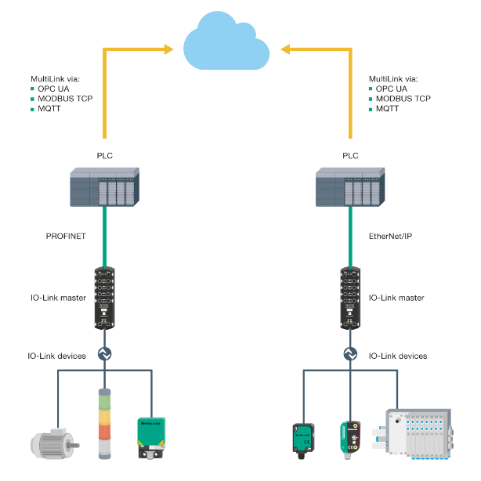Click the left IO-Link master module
coord(104,296)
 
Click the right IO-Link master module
coord(350,296)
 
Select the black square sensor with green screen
coord(302,440)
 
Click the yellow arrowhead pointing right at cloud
coord(168,50)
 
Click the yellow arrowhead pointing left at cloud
coord(287,50)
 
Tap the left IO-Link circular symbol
coord(104,354)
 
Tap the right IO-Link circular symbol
coord(350,354)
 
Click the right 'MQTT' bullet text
coord(387,109)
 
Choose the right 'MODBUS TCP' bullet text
coord(403,99)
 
